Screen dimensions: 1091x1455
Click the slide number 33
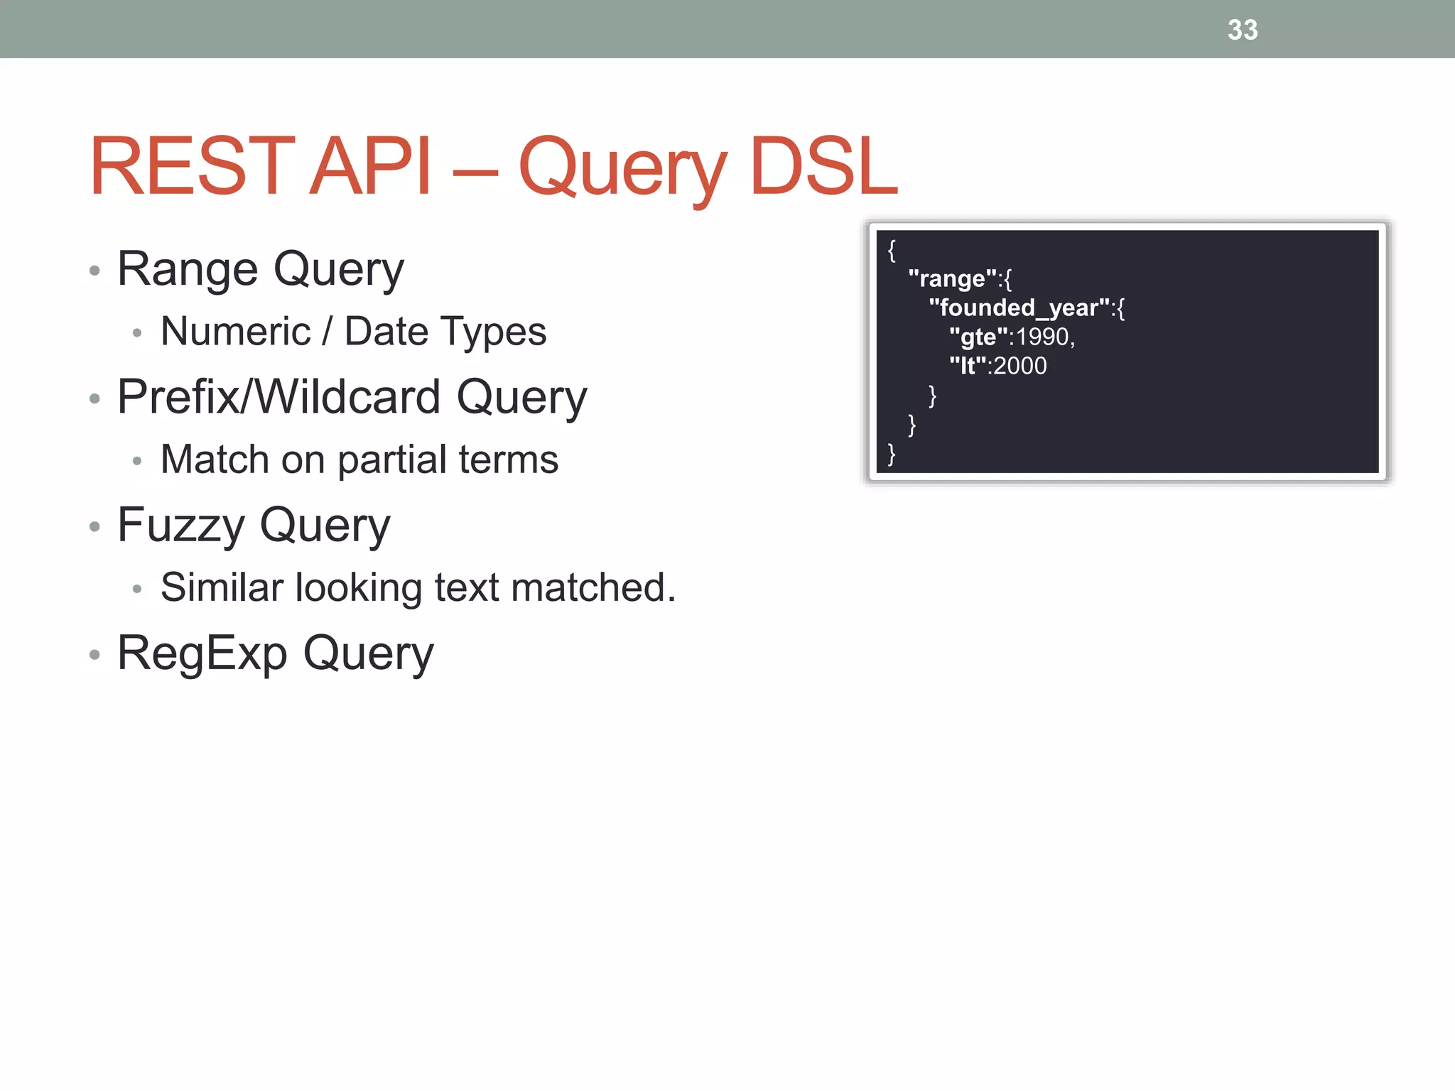pyautogui.click(x=1243, y=30)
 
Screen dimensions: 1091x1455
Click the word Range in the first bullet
pyautogui.click(x=188, y=270)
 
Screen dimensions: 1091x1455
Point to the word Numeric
pyautogui.click(x=236, y=332)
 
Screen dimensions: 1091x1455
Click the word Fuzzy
pyautogui.click(x=180, y=526)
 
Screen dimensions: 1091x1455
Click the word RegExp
pyautogui.click(x=202, y=653)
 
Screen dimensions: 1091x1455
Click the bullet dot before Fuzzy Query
pyautogui.click(x=95, y=527)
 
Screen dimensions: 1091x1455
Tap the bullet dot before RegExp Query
pyautogui.click(x=95, y=655)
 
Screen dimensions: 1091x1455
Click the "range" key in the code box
pyautogui.click(x=953, y=278)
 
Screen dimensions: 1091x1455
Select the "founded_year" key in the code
pyautogui.click(x=1019, y=308)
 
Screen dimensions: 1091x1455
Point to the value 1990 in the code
pyautogui.click(x=1043, y=337)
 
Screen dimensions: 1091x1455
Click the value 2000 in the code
pyautogui.click(x=1020, y=366)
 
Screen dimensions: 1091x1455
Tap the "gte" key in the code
pyautogui.click(x=978, y=337)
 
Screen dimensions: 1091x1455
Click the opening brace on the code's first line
pyautogui.click(x=892, y=250)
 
